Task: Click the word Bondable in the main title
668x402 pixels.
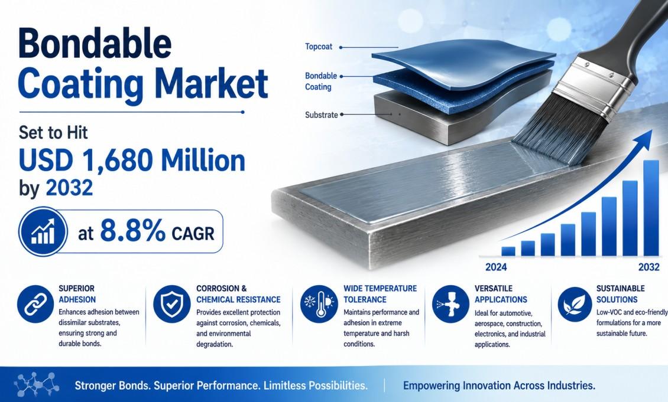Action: tap(95, 44)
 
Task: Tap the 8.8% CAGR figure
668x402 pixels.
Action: tap(157, 231)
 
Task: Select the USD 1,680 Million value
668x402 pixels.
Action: tap(132, 161)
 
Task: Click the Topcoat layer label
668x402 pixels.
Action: tap(319, 47)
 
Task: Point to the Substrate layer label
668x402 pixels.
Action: tap(322, 115)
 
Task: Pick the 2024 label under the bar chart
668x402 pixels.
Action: tap(496, 267)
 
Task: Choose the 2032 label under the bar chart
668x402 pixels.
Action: tap(649, 267)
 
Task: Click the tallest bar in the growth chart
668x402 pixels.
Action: tap(651, 208)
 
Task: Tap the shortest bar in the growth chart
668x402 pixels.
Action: tap(508, 251)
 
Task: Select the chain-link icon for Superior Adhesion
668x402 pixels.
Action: tap(35, 304)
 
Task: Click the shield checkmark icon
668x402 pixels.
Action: tap(171, 304)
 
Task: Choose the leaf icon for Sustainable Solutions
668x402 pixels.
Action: tap(574, 304)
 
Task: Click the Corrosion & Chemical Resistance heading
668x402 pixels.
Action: tap(238, 294)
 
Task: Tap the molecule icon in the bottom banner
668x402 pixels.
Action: tap(36, 384)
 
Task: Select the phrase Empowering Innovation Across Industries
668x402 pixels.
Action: tap(499, 386)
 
